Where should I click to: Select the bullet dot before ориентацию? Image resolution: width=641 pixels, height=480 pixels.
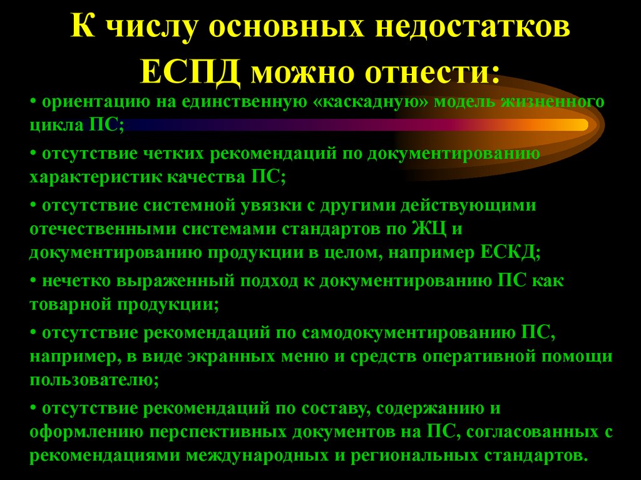33,102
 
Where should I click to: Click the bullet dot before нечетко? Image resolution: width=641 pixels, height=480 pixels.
33,282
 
